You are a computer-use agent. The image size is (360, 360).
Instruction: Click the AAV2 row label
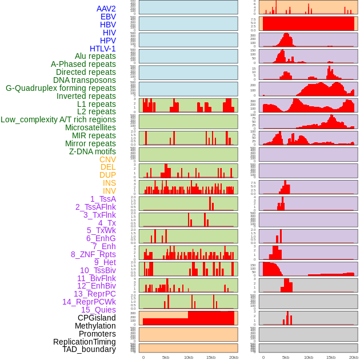[x=106, y=9]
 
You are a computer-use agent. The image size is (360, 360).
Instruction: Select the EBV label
[x=108, y=17]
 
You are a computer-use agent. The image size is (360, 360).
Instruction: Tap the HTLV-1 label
[x=103, y=49]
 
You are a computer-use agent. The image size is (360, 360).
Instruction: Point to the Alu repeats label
[x=95, y=56]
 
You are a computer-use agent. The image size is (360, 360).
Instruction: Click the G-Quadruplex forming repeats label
[x=61, y=88]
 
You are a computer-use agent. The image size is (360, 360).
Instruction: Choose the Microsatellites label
[x=90, y=127]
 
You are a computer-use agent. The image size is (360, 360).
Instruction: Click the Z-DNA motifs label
[x=93, y=151]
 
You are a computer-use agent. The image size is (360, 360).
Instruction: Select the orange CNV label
[x=107, y=159]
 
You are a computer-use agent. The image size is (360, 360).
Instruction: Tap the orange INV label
[x=109, y=191]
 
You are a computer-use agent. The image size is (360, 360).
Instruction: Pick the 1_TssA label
[x=103, y=199]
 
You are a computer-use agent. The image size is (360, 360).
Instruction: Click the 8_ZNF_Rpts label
[x=93, y=254]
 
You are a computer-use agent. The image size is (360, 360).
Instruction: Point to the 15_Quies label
[x=98, y=310]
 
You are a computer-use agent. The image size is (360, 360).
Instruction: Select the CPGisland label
[x=97, y=318]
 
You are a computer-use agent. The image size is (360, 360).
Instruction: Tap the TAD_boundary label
[x=89, y=349]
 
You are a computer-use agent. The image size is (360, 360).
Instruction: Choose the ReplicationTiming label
[x=84, y=342]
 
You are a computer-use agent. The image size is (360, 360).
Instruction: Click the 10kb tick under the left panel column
[x=188, y=357]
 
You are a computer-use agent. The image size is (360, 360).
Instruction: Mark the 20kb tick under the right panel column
[x=354, y=357]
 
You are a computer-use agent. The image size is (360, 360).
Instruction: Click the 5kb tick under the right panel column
[x=286, y=357]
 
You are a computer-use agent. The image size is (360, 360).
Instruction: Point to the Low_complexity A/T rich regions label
[x=58, y=119]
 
